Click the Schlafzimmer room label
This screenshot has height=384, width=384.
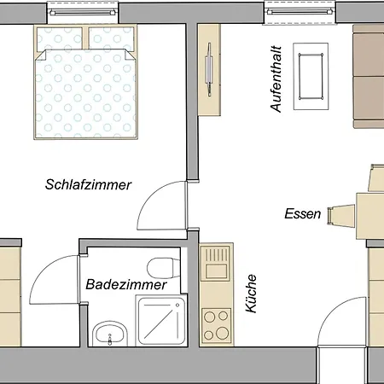[88, 184]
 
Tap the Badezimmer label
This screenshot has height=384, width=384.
[126, 284]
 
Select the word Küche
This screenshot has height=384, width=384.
[251, 294]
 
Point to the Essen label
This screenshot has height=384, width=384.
[303, 213]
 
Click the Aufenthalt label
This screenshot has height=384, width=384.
[276, 79]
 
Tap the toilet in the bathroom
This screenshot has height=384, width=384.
[164, 268]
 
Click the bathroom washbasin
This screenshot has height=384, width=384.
[110, 334]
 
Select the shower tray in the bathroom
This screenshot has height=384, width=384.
[161, 321]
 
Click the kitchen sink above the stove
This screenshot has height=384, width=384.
[216, 263]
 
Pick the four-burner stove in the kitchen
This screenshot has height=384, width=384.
[216, 325]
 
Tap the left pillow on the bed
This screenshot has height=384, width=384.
[60, 39]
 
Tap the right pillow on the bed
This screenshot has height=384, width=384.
[111, 39]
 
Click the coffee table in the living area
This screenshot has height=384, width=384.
[311, 76]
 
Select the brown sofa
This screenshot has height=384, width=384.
[369, 76]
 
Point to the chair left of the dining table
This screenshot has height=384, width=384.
[341, 216]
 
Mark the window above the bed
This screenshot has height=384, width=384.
[83, 12]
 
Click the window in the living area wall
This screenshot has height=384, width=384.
[300, 12]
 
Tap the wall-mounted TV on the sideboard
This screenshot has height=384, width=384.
[209, 70]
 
